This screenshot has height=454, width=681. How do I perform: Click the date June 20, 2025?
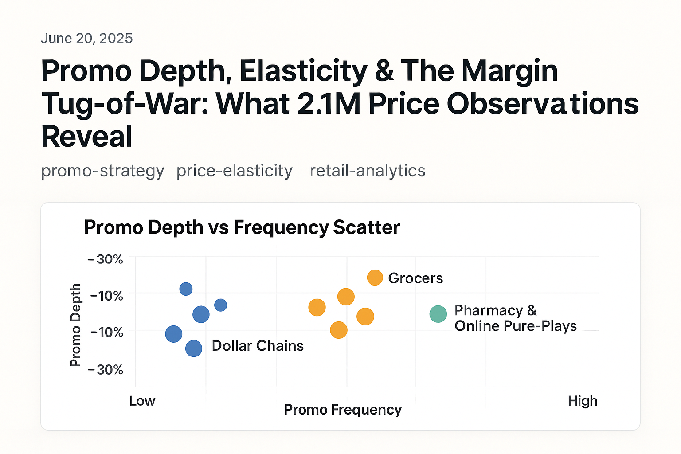coord(86,39)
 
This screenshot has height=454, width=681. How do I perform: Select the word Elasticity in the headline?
coord(304,71)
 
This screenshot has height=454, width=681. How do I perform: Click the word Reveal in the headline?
coord(86,137)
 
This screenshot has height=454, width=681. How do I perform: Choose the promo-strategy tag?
coord(102,171)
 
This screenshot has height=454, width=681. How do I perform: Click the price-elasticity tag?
coord(234,171)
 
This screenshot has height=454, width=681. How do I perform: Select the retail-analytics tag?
coord(367,171)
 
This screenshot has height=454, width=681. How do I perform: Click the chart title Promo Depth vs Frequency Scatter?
coord(242,227)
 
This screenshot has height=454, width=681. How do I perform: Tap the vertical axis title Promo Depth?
coord(76,325)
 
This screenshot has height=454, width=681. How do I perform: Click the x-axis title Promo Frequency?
coord(342,410)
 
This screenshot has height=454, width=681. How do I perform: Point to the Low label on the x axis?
coord(142,401)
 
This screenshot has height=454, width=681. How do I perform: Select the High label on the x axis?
coord(582,401)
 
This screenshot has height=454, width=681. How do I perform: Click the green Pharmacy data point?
coord(438,314)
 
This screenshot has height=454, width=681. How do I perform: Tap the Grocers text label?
coord(415,278)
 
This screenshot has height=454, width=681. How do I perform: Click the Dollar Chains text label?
coord(257,346)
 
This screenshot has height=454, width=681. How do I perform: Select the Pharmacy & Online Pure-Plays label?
coord(515,318)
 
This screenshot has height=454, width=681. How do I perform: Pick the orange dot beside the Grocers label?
coord(375,278)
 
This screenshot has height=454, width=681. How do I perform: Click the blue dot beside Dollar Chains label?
coord(193,348)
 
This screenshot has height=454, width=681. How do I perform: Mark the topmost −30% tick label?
coord(106,259)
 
